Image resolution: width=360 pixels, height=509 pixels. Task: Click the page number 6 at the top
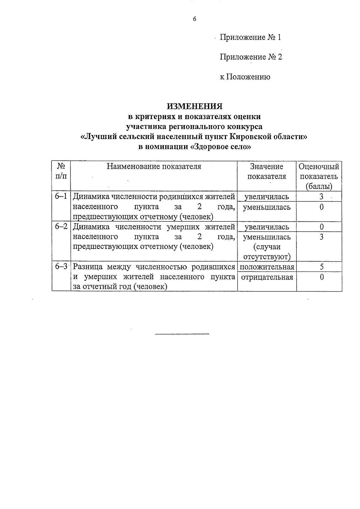tap(194, 19)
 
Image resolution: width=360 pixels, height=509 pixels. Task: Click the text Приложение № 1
tap(250, 37)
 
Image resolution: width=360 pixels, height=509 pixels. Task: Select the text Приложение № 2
tap(251, 57)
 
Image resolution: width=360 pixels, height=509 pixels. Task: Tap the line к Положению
tap(245, 77)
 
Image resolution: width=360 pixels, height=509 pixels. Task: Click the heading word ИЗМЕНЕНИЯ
tap(195, 106)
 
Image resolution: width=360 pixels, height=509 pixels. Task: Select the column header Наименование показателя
tap(154, 166)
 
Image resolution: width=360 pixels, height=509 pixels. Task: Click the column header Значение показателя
tap(267, 171)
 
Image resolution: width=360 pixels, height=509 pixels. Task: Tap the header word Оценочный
tap(319, 167)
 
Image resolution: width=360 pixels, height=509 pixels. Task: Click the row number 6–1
tap(61, 196)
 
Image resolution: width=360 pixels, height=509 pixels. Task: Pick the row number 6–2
tap(61, 227)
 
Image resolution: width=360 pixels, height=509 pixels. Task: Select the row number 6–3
tap(61, 266)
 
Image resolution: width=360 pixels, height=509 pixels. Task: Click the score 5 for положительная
tap(322, 267)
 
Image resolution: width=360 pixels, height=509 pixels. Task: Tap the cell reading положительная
tap(267, 267)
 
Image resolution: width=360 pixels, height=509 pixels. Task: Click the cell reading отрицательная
tap(267, 277)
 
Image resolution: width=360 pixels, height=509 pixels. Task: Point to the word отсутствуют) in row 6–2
tap(267, 257)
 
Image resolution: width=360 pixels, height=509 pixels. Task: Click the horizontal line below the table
tap(182, 334)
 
